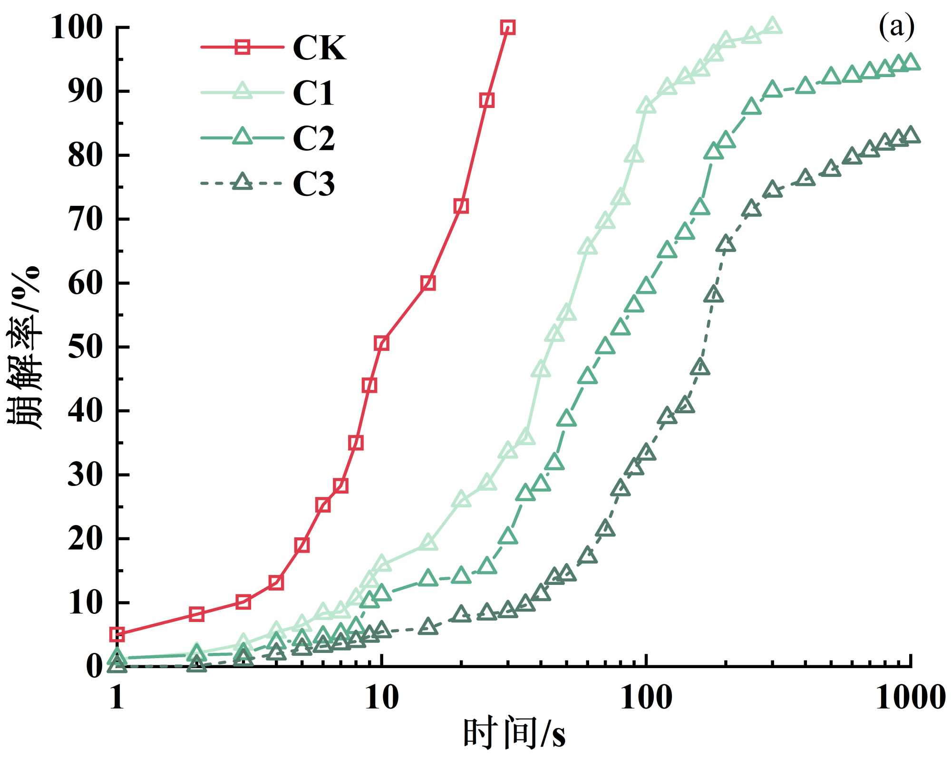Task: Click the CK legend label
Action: click(319, 48)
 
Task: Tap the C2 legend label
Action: click(313, 138)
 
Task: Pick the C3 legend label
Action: click(313, 184)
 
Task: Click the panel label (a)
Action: click(896, 27)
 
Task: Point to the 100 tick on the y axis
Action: click(77, 28)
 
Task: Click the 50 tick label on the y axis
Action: click(85, 347)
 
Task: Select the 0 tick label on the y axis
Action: click(94, 666)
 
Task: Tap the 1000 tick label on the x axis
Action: click(910, 698)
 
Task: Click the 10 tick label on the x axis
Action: click(381, 698)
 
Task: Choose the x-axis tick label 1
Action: click(117, 698)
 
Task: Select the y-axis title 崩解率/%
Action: click(24, 347)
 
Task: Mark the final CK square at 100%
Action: click(508, 28)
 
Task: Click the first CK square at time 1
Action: click(117, 634)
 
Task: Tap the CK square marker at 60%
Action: click(428, 283)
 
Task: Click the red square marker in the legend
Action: click(243, 47)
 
